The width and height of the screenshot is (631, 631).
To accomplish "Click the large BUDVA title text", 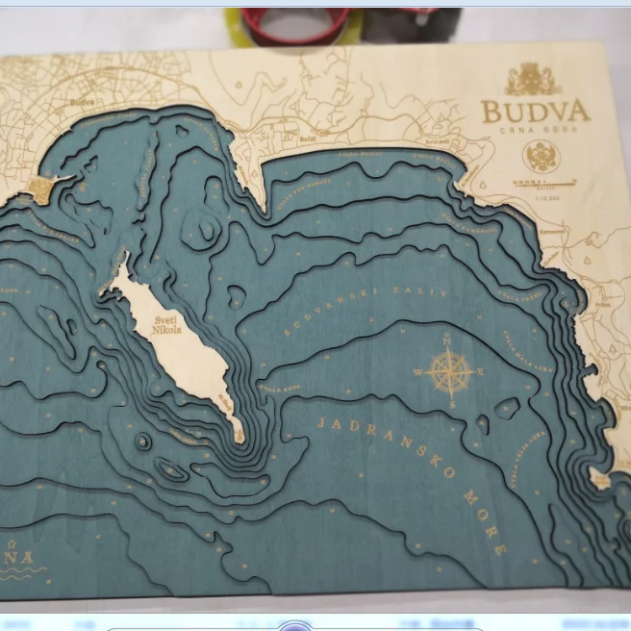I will [534, 111].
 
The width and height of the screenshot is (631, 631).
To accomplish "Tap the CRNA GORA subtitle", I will [534, 129].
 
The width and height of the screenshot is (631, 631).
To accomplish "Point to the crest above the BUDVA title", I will [532, 79].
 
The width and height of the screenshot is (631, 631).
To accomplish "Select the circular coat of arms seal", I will [541, 156].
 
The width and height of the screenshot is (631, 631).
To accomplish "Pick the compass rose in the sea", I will [449, 373].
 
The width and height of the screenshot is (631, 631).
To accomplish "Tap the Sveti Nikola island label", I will [165, 327].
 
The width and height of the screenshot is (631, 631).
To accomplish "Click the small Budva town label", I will [83, 100].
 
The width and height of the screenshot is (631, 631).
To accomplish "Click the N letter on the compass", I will [446, 339].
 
